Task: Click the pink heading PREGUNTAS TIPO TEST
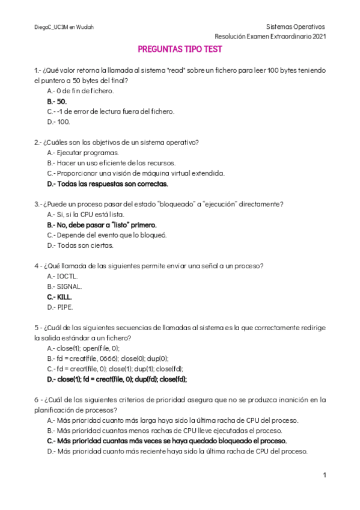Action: [x=180, y=49]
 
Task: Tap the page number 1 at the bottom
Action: [x=324, y=475]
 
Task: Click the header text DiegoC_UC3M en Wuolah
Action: [x=64, y=27]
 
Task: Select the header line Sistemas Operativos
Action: [x=295, y=27]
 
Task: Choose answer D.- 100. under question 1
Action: [x=58, y=121]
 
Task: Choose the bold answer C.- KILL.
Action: [x=59, y=296]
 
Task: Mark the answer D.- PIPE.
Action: [x=59, y=307]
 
